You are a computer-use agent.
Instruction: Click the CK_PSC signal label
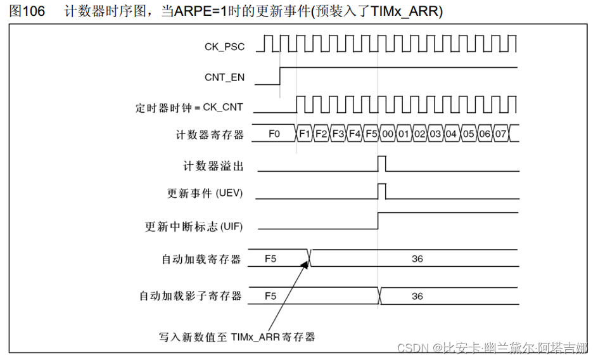click(x=224, y=46)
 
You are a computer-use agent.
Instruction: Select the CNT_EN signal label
click(x=224, y=77)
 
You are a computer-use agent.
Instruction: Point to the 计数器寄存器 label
click(x=208, y=134)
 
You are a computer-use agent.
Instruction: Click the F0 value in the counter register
click(x=274, y=134)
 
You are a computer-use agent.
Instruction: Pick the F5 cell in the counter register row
click(x=371, y=134)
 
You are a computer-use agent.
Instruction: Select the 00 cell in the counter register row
click(x=388, y=134)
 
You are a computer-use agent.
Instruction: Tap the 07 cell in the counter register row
click(x=500, y=134)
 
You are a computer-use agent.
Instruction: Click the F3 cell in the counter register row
click(x=338, y=134)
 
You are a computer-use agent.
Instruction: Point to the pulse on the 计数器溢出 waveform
click(x=382, y=164)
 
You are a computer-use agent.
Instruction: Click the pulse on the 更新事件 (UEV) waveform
click(x=382, y=190)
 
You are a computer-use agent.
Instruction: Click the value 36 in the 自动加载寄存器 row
click(x=417, y=259)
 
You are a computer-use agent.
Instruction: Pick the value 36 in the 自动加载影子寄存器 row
click(x=417, y=296)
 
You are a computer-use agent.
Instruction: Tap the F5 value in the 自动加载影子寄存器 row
click(x=270, y=296)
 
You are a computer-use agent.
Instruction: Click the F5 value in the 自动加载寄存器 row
click(x=270, y=259)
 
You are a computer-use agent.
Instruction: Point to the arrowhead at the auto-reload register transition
click(x=306, y=264)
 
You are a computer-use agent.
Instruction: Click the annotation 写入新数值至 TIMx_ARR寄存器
click(x=237, y=337)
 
